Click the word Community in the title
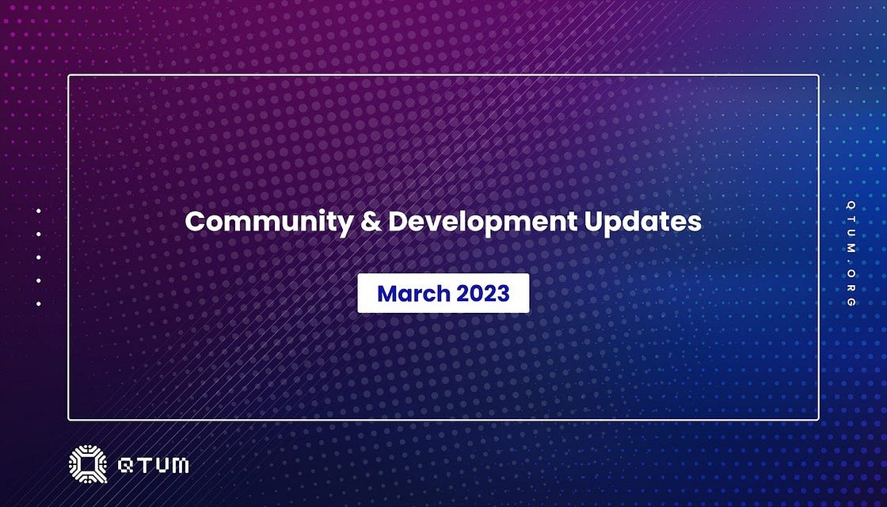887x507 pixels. coord(268,223)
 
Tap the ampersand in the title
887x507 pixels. coord(370,221)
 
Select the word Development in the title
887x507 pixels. coord(482,223)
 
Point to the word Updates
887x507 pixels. coord(642,223)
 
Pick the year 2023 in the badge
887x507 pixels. coord(483,293)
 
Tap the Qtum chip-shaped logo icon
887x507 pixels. coord(88,464)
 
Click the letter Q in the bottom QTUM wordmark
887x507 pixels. coord(125,465)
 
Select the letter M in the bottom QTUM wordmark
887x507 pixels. coord(179,465)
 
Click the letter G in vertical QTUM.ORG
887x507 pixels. coord(851,302)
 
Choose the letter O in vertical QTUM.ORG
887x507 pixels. coord(851,273)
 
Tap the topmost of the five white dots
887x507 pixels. coord(39,211)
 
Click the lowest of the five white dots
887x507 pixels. coord(39,304)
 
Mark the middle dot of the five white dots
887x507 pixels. coord(39,257)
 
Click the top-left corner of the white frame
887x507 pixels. coord(68,75)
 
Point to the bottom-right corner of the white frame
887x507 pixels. coord(819,420)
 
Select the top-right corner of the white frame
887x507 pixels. coord(819,75)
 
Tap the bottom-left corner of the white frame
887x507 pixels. coord(68,420)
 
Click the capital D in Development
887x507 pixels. coord(398,221)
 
